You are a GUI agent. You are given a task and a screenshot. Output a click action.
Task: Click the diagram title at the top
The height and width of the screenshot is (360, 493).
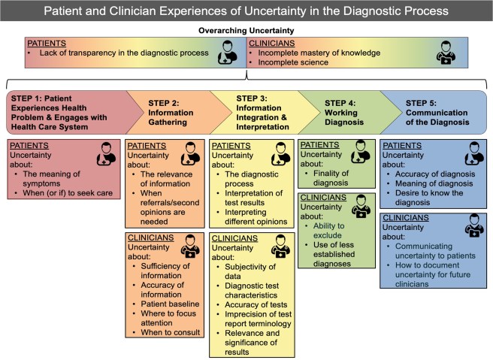[246, 12]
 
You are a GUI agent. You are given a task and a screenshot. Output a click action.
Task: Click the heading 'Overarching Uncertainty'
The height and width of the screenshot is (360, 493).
[246, 31]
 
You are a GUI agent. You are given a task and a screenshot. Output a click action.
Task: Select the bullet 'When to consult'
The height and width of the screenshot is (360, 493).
[171, 332]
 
